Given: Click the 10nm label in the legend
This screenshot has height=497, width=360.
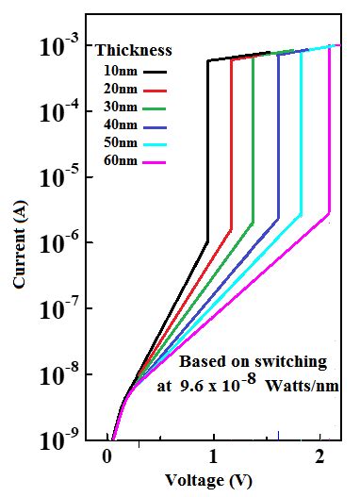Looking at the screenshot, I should pyautogui.click(x=119, y=70).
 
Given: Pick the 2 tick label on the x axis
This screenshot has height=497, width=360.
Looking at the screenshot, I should pyautogui.click(x=321, y=457).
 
